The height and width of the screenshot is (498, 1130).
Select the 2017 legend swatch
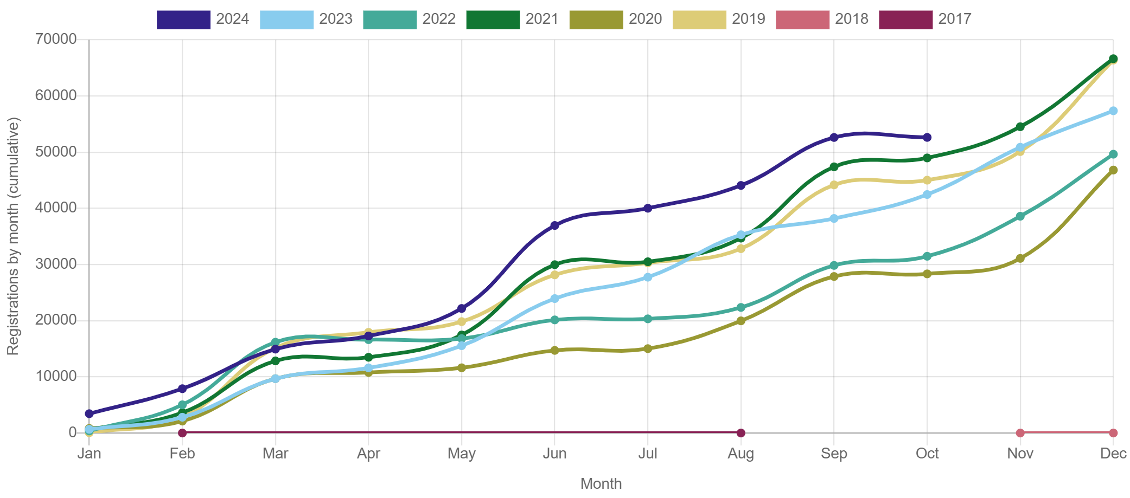[905, 20]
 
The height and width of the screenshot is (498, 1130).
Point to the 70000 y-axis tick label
[56, 39]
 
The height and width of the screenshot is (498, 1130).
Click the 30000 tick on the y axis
[56, 264]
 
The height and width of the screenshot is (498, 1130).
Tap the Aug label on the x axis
[741, 454]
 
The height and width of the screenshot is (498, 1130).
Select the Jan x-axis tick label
[90, 454]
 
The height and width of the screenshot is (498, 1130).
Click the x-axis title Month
[601, 484]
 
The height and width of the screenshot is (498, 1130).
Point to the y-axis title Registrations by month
[13, 236]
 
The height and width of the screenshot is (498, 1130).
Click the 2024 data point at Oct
[927, 138]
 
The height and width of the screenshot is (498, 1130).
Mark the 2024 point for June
[554, 225]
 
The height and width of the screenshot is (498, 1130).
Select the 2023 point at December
[1113, 111]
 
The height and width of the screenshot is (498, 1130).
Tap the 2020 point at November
[1020, 258]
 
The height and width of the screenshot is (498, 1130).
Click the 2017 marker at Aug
[741, 433]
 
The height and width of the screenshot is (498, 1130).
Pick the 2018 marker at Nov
[1020, 433]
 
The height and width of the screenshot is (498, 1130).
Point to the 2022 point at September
[834, 266]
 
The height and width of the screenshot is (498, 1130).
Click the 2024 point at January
[90, 413]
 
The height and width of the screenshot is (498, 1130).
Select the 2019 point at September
[834, 185]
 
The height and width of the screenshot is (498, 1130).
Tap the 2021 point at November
[1020, 127]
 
